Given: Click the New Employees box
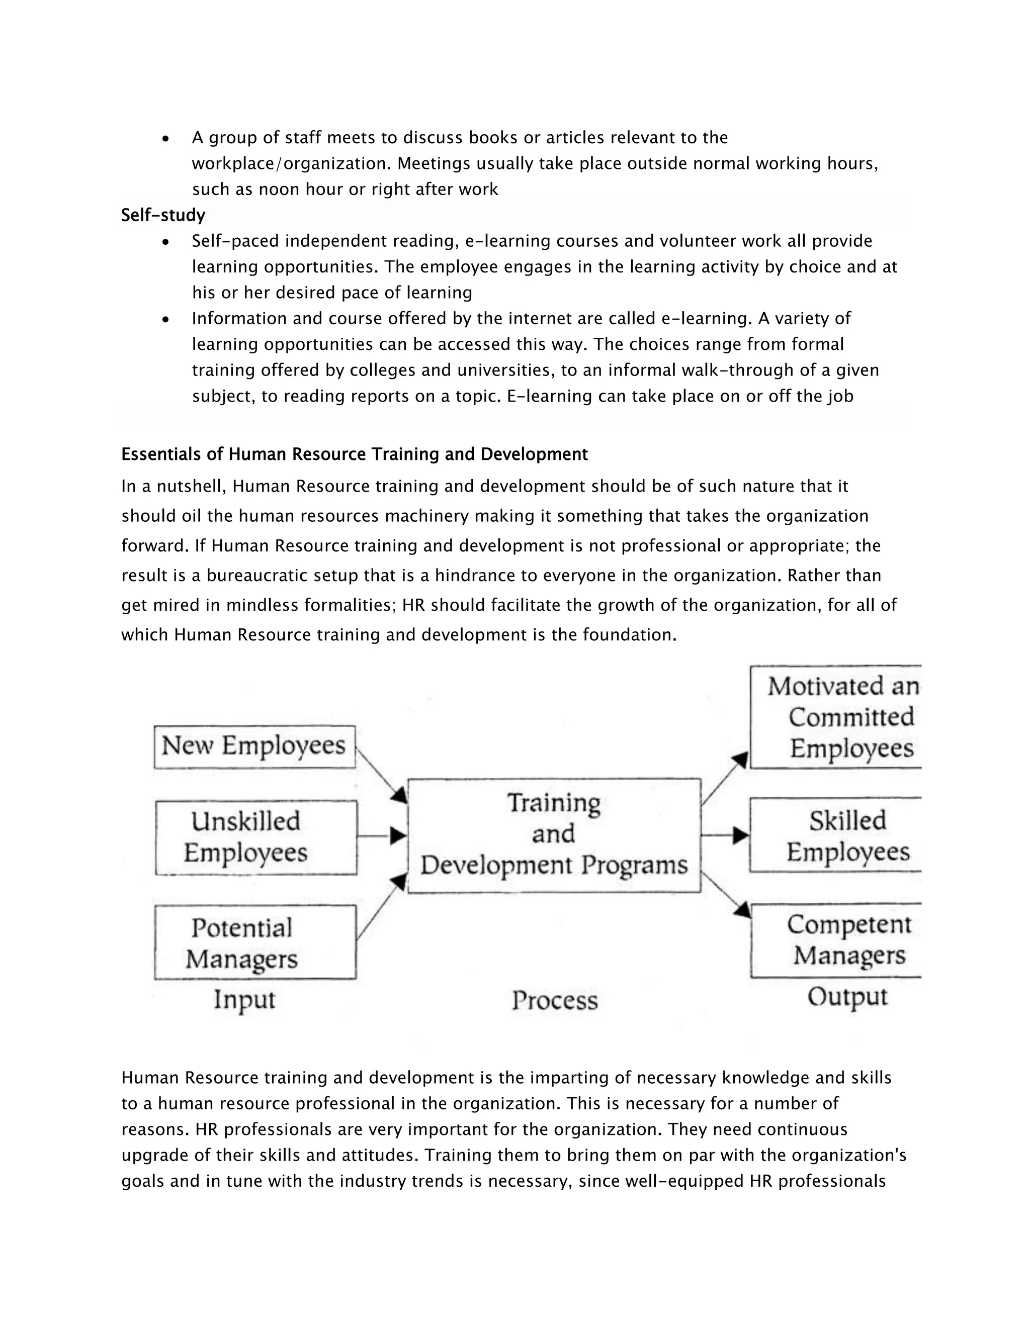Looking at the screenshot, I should (x=254, y=746).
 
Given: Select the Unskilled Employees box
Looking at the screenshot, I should (x=256, y=837).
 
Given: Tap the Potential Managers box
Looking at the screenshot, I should (x=255, y=943).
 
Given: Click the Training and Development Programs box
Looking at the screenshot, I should (x=554, y=835).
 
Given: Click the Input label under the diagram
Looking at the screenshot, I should (x=244, y=1000).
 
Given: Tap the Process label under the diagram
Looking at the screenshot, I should (x=555, y=1001).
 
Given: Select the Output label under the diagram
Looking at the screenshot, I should (x=847, y=997).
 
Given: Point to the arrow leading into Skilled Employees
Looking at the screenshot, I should (x=725, y=835).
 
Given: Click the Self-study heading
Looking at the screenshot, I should (x=163, y=215).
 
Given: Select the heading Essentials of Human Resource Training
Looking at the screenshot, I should (x=354, y=454).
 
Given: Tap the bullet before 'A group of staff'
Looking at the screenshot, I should (x=166, y=139).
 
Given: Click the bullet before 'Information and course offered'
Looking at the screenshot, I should (x=166, y=320).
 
